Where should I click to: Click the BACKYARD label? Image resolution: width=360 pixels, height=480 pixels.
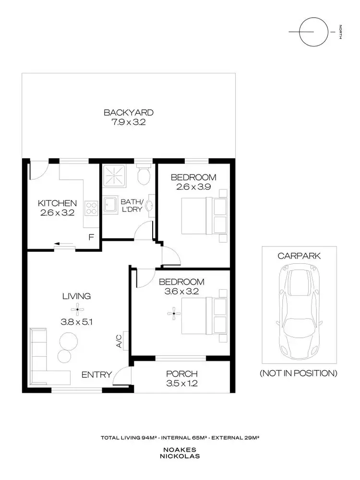(x=129, y=113)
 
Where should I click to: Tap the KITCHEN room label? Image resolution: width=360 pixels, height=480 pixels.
(x=57, y=203)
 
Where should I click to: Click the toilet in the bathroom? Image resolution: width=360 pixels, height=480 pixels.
(x=144, y=176)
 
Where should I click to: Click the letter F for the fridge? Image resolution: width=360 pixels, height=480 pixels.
(x=91, y=237)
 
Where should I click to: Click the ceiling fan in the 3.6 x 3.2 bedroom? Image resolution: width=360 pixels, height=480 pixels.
(x=174, y=314)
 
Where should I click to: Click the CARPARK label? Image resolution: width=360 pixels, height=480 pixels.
(x=299, y=256)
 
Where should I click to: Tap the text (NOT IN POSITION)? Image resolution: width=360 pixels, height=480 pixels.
(x=299, y=373)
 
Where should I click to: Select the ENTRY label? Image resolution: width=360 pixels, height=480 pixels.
(x=96, y=375)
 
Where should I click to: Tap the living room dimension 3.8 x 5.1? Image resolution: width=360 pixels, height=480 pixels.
(x=77, y=322)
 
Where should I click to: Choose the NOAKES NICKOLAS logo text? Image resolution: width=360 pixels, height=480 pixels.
(x=180, y=454)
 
